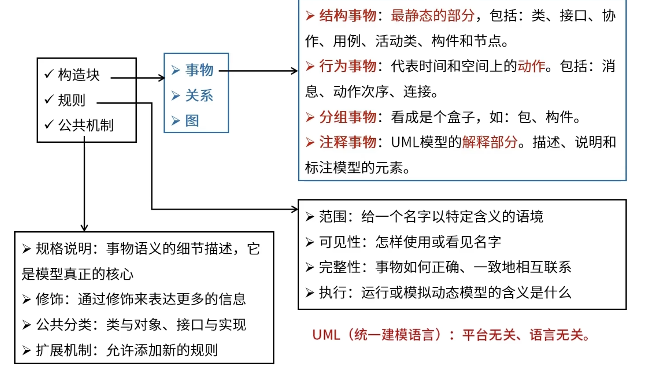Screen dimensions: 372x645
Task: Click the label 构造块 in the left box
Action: point(79,75)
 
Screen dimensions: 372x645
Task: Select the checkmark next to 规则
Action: point(49,99)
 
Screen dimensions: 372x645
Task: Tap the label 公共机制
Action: point(86,125)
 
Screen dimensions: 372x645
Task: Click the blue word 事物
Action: point(199,70)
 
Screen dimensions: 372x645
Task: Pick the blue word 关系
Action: point(199,96)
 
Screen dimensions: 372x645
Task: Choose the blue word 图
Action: point(192,121)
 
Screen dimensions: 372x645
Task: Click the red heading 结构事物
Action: point(347,16)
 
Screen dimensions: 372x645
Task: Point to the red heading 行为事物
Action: point(347,66)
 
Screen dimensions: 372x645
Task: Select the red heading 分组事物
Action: point(347,117)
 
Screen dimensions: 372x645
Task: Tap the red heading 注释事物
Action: point(347,142)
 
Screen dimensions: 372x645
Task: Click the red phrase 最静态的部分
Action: point(432,16)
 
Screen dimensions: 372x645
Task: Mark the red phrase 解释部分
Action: point(489,142)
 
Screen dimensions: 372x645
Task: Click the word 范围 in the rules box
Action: point(333,217)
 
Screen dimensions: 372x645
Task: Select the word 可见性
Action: point(340,242)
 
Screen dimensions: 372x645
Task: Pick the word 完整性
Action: point(340,267)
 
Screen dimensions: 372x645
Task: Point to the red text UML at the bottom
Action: point(326,335)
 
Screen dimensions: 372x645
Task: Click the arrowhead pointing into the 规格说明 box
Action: point(84,228)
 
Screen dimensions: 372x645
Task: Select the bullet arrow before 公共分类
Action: point(26,325)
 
